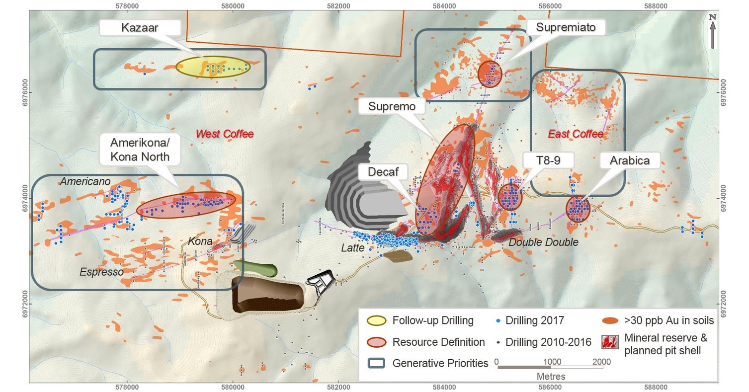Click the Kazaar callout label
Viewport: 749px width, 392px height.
tap(140, 28)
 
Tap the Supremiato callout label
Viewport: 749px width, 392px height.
tap(566, 27)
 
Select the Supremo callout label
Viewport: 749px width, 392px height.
tap(392, 106)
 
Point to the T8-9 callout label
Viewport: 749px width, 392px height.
tap(548, 160)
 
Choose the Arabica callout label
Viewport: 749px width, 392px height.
tap(630, 160)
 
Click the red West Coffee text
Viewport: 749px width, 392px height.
tap(224, 134)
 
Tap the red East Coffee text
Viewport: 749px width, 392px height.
tap(575, 134)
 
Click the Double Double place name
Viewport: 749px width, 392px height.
tap(543, 242)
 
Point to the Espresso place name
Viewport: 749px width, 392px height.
tap(101, 272)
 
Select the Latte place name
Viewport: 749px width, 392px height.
tap(353, 247)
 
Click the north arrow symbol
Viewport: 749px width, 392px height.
tap(713, 31)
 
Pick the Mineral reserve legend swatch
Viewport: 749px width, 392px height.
tap(609, 342)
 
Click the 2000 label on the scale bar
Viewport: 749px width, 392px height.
tap(601, 361)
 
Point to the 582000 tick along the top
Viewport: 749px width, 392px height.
tap(338, 5)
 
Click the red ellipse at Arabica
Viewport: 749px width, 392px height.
tap(578, 209)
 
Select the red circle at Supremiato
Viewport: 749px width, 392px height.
tap(490, 74)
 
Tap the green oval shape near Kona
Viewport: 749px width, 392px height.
tap(255, 268)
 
